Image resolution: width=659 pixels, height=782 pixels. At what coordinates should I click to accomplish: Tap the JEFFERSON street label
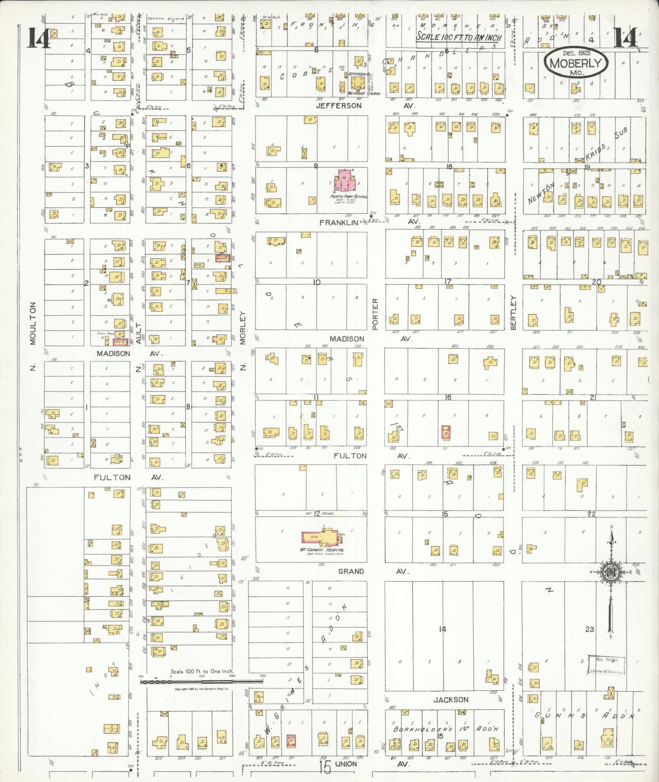339,105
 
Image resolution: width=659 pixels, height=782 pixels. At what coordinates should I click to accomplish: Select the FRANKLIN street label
339,222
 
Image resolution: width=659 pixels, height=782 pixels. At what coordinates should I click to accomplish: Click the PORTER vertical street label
375,314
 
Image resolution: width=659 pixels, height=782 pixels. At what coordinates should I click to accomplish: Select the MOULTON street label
33,323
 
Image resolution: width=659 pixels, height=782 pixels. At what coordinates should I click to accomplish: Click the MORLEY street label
243,328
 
